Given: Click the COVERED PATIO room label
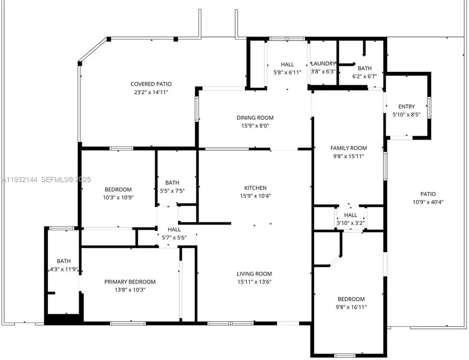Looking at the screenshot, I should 151,84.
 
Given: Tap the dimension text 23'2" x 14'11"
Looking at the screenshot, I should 151,92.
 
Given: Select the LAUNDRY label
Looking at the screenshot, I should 324,64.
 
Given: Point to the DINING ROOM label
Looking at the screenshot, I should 255,118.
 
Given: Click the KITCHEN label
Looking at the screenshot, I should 255,188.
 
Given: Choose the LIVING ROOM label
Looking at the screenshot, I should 255,274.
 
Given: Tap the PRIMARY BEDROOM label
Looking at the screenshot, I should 130,282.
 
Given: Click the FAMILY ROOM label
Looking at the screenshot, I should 349,148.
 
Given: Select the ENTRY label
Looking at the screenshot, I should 406,107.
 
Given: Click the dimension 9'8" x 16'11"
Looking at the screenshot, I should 351,307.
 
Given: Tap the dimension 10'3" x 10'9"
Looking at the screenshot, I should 118,198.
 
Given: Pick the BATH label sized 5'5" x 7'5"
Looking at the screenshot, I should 172,183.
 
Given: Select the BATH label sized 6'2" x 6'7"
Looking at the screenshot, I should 365,68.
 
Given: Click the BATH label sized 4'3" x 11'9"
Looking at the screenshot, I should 64,262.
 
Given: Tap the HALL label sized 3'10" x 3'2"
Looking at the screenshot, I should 351,215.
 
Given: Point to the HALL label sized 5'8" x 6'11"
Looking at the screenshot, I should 287,65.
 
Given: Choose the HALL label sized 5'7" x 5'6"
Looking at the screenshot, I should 174,229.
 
